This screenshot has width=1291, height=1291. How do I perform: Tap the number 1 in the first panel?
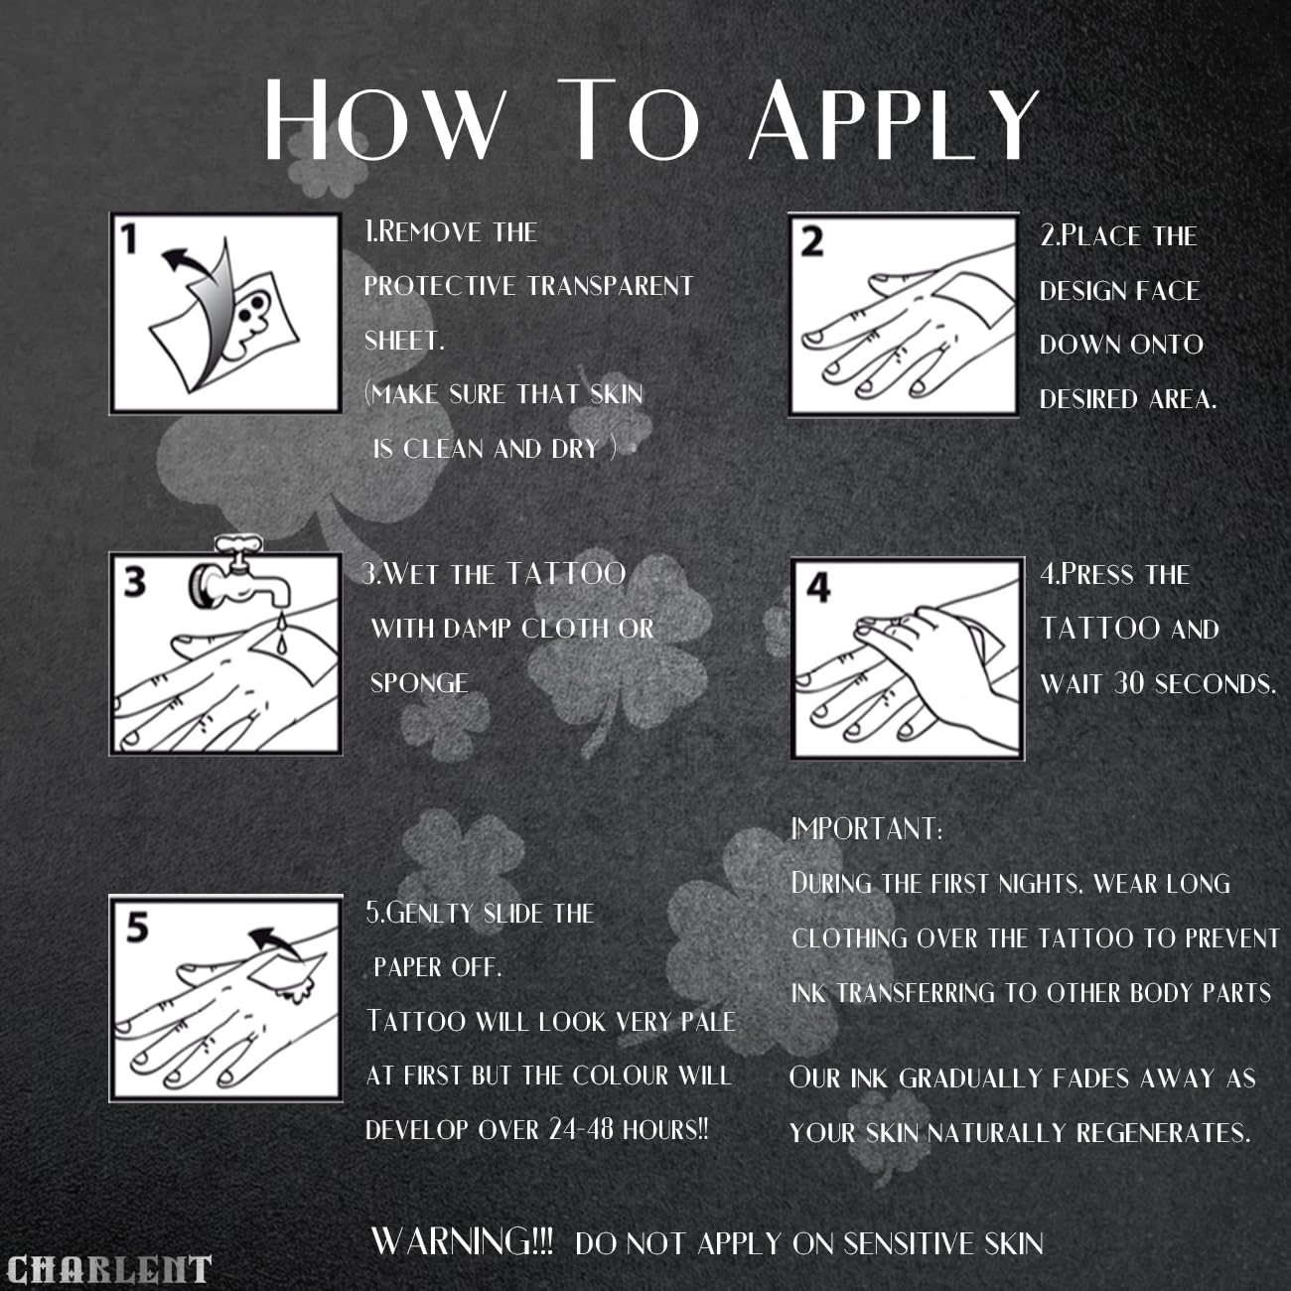pos(128,239)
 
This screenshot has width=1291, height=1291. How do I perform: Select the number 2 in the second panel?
pos(812,242)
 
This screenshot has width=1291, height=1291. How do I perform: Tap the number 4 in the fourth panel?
pos(818,587)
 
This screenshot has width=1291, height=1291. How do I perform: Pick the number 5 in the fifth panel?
pos(137,928)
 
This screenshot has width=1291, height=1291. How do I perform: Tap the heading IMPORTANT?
pos(866,829)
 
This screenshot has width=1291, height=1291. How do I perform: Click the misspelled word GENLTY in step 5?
pos(430,914)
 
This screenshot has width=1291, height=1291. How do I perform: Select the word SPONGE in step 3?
pos(419,683)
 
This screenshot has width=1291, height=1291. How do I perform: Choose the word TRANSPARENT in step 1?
pos(610,286)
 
